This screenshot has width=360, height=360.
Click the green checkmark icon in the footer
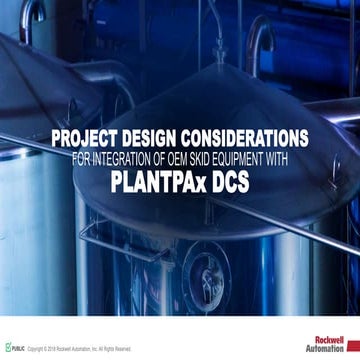[x=7, y=348]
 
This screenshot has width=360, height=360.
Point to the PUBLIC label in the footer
[x=17, y=349]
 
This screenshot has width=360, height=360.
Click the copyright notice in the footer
[x=80, y=349]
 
